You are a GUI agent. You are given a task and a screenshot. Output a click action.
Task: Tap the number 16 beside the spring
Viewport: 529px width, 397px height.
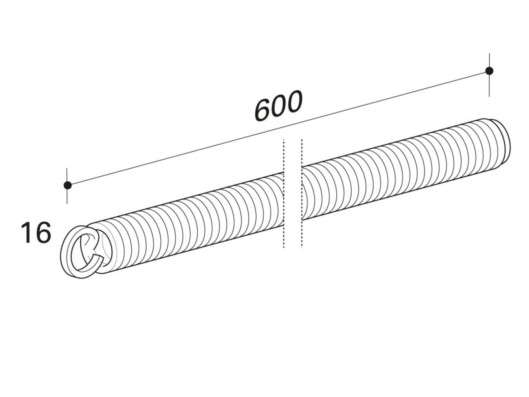(x=36, y=233)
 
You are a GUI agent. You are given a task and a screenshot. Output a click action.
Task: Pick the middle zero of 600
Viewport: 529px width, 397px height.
(x=278, y=106)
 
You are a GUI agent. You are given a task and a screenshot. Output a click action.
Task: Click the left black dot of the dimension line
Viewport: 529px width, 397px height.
(x=68, y=185)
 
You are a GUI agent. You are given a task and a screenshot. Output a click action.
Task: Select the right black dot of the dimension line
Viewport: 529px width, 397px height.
(x=489, y=71)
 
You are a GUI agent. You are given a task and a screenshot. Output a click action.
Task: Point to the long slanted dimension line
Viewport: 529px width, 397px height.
(x=278, y=128)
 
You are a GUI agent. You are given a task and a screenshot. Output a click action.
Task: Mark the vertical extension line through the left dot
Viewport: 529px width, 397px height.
(x=67, y=186)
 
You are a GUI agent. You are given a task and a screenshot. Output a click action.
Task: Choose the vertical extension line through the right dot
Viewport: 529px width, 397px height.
(x=489, y=75)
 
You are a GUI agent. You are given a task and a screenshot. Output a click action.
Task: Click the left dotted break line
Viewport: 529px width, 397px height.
(x=284, y=194)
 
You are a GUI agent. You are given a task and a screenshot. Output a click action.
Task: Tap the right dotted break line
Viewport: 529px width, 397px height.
(x=302, y=194)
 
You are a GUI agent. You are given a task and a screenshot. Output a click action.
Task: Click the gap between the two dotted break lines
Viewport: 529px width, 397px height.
(x=293, y=194)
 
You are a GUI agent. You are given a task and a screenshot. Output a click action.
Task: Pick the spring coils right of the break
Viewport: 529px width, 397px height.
(x=405, y=169)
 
